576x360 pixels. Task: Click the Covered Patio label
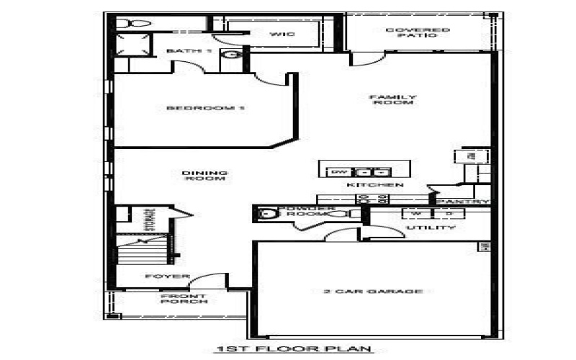pos(418,32)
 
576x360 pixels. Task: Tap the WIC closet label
pos(278,34)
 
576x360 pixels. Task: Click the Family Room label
pos(392,100)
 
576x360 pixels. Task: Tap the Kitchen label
pos(374,186)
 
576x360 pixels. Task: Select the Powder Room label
pos(310,210)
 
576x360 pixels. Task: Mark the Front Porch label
pos(184,299)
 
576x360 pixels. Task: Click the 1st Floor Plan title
pos(294,350)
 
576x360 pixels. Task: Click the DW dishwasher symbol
pos(338,172)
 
